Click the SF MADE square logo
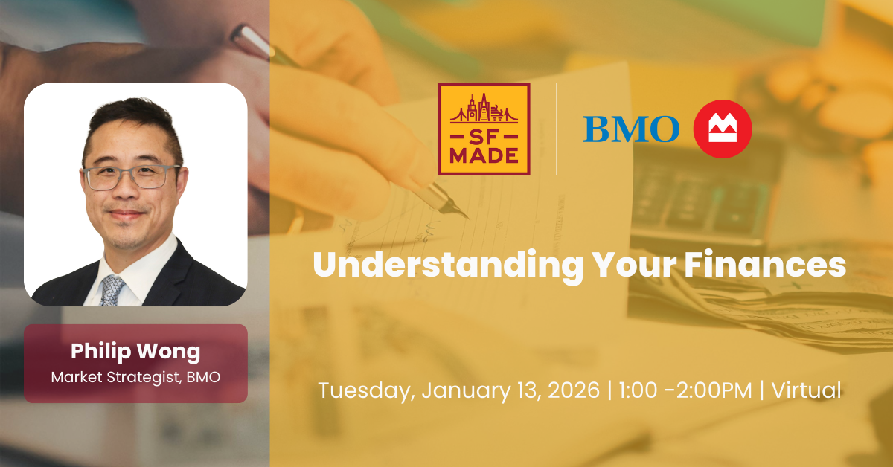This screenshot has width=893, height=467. [x=484, y=129]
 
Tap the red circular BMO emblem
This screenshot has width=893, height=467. [x=722, y=129]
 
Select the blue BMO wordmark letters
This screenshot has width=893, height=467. [x=631, y=129]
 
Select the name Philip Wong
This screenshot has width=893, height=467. [x=135, y=351]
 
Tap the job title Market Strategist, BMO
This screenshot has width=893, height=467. [x=135, y=377]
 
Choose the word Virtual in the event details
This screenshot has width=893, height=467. [x=806, y=390]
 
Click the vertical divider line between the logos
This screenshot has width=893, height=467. [x=557, y=129]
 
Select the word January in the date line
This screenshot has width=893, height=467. [x=463, y=390]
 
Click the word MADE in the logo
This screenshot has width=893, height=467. [x=484, y=156]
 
